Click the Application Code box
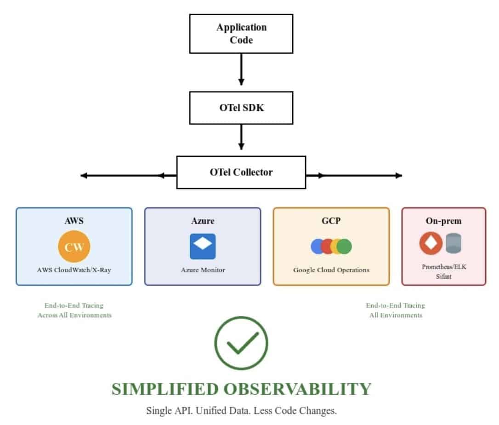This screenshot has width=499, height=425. (x=241, y=34)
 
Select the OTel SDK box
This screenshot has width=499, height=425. (x=241, y=108)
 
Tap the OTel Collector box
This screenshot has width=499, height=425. (x=241, y=172)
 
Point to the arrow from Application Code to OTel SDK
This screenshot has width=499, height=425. (x=241, y=69)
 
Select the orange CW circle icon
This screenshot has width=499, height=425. (x=74, y=247)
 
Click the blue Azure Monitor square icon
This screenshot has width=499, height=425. (x=203, y=246)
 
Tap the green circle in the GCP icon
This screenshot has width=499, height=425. (x=344, y=247)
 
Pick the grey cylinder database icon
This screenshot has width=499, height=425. (x=454, y=243)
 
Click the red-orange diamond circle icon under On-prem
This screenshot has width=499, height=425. (x=431, y=243)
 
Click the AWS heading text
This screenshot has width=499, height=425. (x=74, y=221)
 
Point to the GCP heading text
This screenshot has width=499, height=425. (x=331, y=221)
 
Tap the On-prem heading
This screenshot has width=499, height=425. (x=443, y=221)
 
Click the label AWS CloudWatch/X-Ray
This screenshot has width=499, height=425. (x=74, y=270)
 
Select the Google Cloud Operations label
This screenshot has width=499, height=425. (x=331, y=270)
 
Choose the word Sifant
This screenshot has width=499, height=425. (x=443, y=276)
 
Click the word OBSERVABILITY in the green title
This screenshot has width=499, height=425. (x=297, y=389)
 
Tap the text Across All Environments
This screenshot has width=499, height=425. (x=74, y=315)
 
